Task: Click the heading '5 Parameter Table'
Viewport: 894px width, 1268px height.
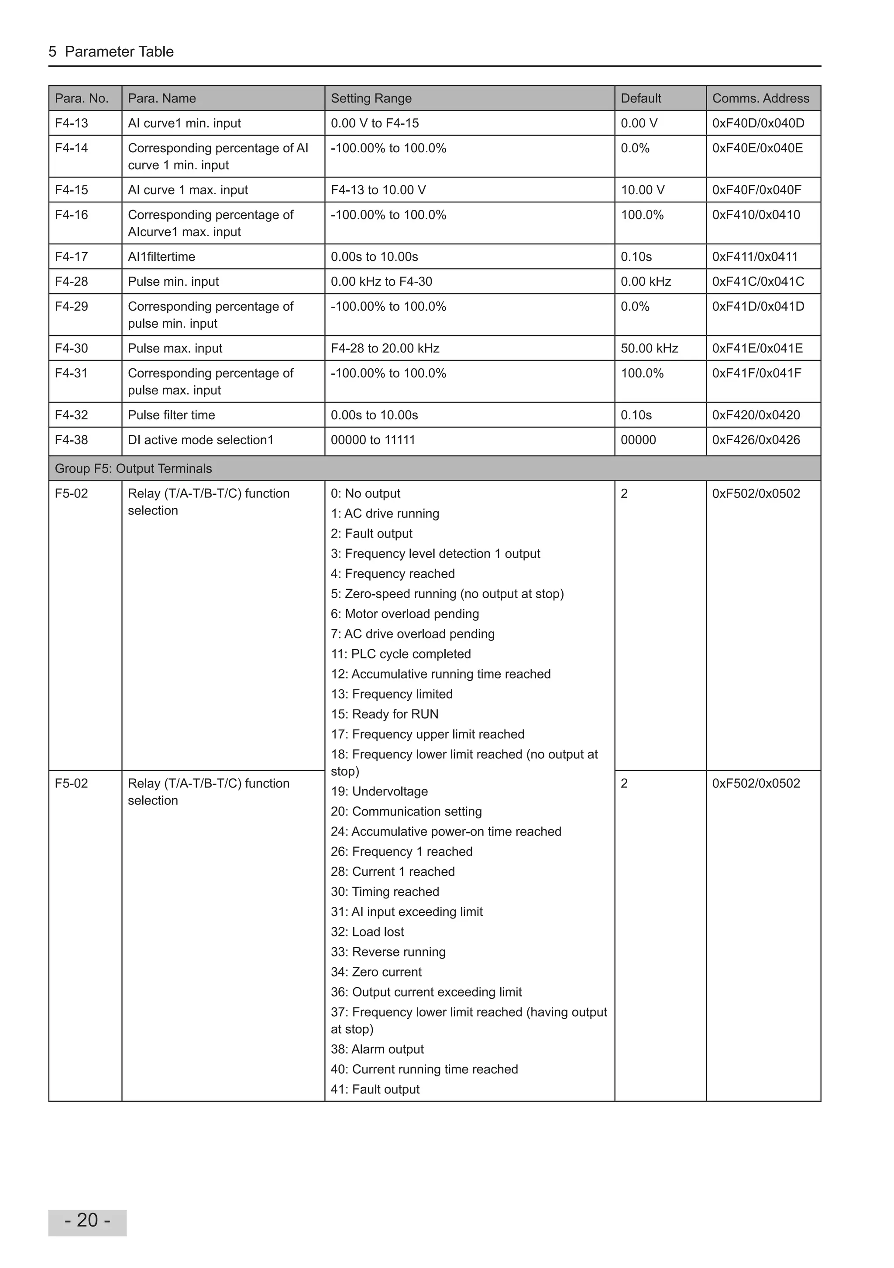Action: pos(111,52)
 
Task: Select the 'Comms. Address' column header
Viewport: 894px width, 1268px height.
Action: pos(760,98)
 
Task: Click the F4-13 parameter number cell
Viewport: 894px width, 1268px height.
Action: pos(71,123)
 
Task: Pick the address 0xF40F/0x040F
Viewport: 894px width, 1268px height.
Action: pos(756,190)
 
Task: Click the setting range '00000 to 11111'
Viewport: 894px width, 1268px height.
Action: pos(372,440)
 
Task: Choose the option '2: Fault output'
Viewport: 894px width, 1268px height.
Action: pos(371,534)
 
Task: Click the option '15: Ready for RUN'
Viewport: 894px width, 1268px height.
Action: pos(385,715)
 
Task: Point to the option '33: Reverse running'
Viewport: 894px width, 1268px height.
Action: pos(388,952)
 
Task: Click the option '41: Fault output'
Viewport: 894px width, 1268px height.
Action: pos(375,1090)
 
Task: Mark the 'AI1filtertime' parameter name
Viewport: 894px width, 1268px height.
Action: pos(162,257)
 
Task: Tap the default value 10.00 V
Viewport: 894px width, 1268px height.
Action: pos(642,190)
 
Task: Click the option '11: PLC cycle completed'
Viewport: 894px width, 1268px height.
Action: pos(401,655)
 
